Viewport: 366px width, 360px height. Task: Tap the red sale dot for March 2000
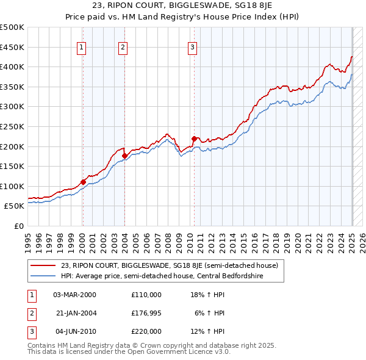click(83, 182)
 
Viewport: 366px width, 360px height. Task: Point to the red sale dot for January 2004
click(124, 156)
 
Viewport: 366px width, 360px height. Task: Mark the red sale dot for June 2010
click(194, 139)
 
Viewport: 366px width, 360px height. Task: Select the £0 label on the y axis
click(18, 226)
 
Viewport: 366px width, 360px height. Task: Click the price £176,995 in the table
click(146, 313)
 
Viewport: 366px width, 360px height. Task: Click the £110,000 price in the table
click(146, 295)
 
